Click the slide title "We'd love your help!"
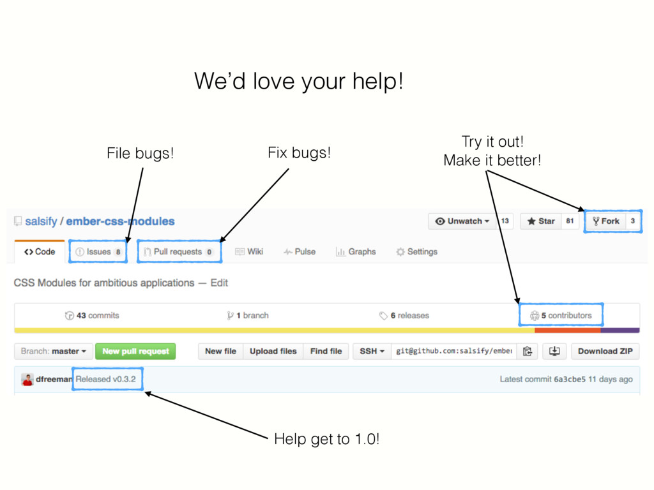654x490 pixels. (x=298, y=82)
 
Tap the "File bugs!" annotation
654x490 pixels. (x=139, y=154)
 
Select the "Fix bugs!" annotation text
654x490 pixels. (x=299, y=153)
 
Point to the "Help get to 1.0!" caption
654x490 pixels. (x=326, y=440)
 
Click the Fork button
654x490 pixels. (x=606, y=221)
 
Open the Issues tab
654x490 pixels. (x=98, y=252)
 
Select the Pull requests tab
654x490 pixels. (x=179, y=252)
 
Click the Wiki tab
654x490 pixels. (x=249, y=252)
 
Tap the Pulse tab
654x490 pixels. (x=300, y=252)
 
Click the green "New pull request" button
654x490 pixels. (x=135, y=352)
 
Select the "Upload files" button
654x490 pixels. (x=273, y=352)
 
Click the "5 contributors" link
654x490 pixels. (x=561, y=315)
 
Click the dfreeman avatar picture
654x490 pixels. (x=27, y=380)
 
